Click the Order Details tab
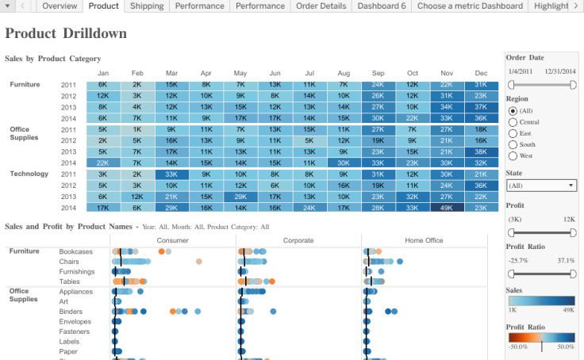point(321,6)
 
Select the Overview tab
point(60,6)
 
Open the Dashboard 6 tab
point(382,6)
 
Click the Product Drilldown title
point(66,34)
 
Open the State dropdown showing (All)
point(541,186)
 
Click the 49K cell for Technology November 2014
point(446,208)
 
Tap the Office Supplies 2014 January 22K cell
point(103,163)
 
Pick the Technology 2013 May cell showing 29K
point(240,197)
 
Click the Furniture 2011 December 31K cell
point(480,84)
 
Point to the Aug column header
point(344,72)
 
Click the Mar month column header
point(171,72)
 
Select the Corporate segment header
point(298,240)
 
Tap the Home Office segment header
point(424,240)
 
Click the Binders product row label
point(71,312)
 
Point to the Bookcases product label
point(75,251)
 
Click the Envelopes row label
point(75,322)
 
